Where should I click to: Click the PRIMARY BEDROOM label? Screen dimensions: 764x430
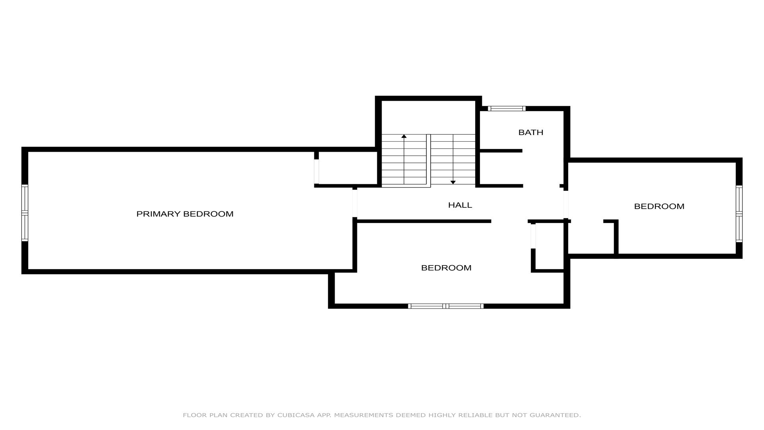185,214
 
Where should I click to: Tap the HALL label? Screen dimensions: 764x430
460,205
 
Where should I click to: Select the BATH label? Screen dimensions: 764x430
530,132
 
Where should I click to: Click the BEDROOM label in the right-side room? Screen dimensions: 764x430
659,206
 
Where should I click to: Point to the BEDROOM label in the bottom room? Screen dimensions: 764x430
446,268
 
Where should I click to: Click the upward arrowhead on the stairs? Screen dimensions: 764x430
404,136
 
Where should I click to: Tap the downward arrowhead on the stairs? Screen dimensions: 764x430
453,182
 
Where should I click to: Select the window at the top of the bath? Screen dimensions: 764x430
507,108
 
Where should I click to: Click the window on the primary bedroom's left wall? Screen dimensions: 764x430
25,213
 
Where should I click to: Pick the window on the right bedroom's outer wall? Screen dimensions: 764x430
739,214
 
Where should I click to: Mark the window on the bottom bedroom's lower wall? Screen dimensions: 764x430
446,306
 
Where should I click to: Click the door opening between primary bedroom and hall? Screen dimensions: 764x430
355,203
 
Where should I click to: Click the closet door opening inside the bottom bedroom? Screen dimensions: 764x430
533,236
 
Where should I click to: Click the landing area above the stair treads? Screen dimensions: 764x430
429,117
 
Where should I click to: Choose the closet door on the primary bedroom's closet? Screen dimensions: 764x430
317,172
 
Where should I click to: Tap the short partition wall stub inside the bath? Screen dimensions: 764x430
501,151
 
